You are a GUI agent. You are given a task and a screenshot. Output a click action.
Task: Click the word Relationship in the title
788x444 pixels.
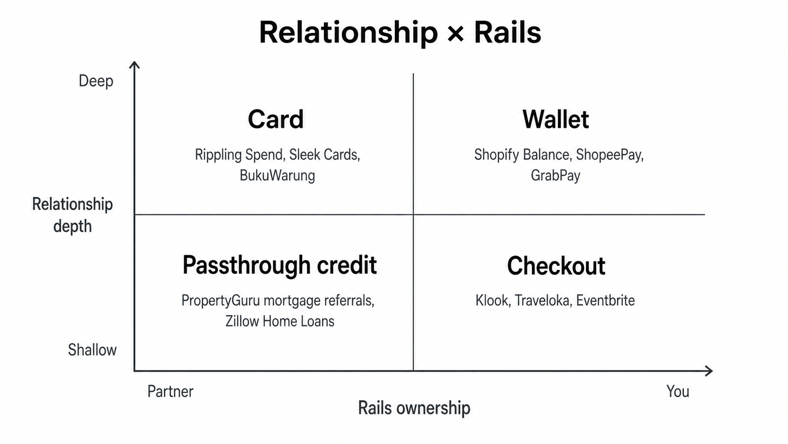click(348, 33)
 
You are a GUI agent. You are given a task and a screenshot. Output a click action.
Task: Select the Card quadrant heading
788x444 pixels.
click(276, 119)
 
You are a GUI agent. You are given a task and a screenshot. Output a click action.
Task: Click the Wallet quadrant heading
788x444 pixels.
click(556, 119)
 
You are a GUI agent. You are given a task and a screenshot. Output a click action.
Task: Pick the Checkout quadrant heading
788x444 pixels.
click(556, 266)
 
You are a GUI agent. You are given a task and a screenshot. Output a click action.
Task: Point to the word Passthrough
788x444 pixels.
click(246, 265)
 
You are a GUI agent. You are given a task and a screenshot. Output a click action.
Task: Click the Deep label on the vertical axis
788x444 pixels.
click(96, 81)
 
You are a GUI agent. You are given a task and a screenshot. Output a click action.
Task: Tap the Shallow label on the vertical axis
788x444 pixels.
click(92, 350)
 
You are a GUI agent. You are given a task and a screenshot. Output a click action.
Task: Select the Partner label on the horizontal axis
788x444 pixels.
click(170, 391)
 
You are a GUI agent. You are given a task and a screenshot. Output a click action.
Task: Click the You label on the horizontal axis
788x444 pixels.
click(678, 391)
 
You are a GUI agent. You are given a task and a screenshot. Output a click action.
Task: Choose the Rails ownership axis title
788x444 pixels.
click(414, 408)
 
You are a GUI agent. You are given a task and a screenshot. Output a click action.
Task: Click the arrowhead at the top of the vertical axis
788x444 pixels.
click(134, 65)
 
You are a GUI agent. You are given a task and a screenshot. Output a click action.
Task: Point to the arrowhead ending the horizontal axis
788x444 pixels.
click(708, 371)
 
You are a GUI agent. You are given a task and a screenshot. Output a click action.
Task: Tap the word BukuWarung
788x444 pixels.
click(277, 176)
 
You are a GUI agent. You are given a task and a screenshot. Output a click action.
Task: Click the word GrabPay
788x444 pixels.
click(556, 176)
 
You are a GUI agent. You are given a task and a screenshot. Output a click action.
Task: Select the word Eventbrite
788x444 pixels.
click(606, 301)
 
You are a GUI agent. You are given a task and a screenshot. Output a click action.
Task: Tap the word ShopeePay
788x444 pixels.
click(610, 155)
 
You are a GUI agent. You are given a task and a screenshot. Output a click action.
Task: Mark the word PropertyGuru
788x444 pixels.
click(221, 301)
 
